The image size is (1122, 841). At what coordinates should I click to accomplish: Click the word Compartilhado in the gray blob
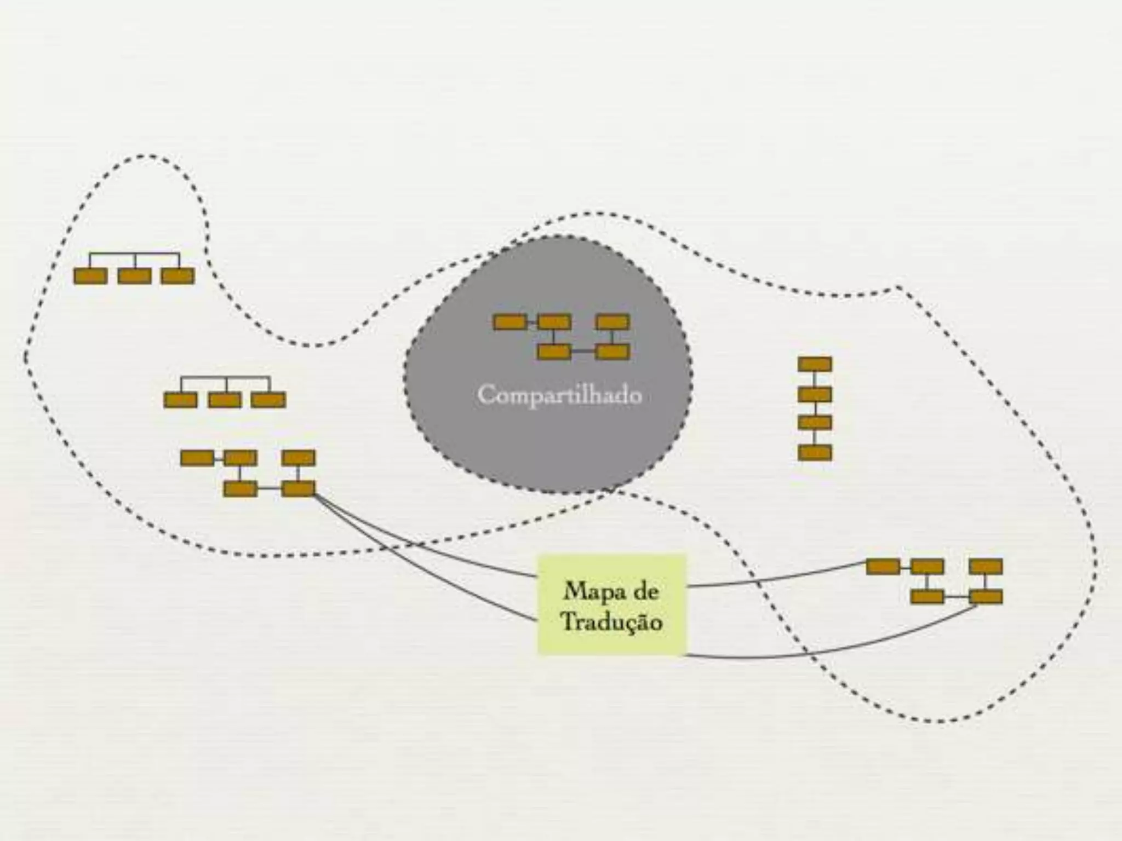[559, 395]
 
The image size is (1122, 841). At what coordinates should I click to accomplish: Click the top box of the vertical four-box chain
[815, 364]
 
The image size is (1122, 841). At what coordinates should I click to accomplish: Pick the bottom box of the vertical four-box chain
[815, 452]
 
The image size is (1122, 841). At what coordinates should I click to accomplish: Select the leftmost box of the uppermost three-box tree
[90, 276]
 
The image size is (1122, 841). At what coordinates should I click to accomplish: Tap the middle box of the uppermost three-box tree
[135, 276]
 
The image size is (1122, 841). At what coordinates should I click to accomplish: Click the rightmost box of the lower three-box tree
[268, 400]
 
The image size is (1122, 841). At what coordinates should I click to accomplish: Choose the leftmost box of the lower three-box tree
[180, 400]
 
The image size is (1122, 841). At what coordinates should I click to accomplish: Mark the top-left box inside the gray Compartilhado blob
[510, 322]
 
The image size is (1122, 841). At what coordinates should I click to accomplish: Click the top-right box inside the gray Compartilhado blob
[612, 322]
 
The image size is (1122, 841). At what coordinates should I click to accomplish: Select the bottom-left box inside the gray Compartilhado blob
[554, 352]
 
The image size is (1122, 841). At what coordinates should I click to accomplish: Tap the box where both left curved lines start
[299, 488]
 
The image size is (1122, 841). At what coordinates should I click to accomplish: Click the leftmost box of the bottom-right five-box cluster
[883, 567]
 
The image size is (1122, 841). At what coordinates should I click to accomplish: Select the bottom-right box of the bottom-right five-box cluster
[986, 596]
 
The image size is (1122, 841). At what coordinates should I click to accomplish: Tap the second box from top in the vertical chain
[815, 394]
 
